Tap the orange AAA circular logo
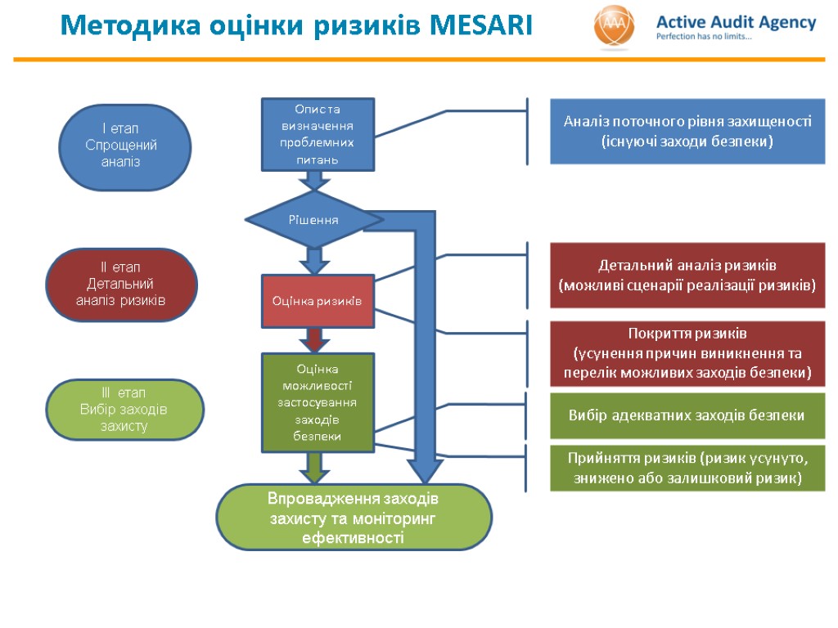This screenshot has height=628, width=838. click(614, 29)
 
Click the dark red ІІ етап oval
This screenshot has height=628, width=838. click(121, 284)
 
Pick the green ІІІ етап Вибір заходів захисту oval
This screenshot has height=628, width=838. click(124, 409)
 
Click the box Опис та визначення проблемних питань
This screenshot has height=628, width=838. click(318, 134)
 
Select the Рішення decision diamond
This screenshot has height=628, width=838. click(314, 220)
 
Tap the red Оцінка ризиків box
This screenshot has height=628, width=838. click(318, 301)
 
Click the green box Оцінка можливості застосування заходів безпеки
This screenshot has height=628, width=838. click(318, 402)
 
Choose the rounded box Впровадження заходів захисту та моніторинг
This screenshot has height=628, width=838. click(354, 518)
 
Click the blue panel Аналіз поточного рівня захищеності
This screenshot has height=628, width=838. click(687, 132)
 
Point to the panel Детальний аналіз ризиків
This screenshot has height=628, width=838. click(687, 276)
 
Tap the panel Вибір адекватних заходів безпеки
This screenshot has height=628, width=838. click(687, 415)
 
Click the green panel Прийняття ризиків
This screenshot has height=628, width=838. click(687, 468)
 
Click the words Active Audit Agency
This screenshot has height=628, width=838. click(736, 23)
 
